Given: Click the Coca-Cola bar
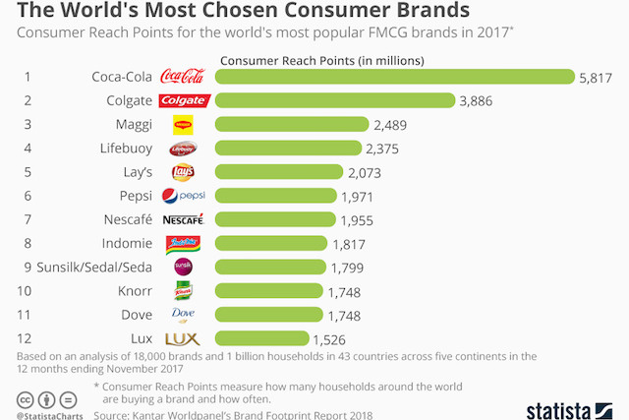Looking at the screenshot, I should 393,77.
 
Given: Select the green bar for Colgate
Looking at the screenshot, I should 334,100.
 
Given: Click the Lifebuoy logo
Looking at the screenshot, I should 183,149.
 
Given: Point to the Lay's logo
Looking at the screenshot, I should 183,172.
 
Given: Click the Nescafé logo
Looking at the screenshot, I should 183,219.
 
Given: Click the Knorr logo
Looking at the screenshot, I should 183,291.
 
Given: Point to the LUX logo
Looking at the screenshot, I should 183,338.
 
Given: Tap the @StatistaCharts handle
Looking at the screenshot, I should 51,415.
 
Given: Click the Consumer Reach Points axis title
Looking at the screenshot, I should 321,60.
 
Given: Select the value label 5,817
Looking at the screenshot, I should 597,77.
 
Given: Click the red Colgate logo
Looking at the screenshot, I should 184,100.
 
